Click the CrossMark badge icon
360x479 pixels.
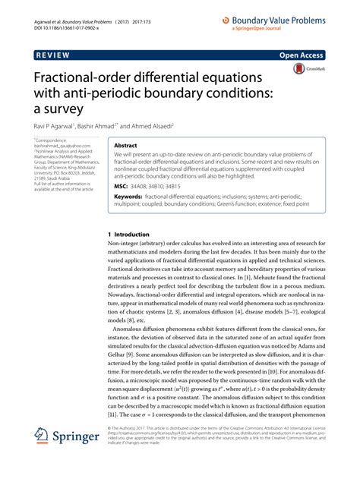click(304, 69)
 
